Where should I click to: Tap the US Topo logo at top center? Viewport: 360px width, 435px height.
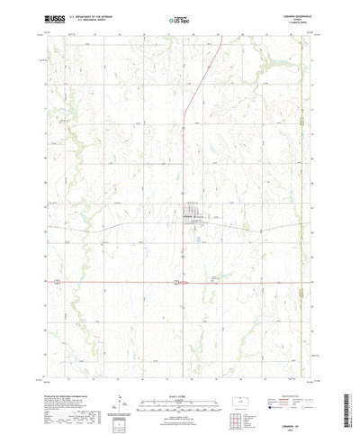click(x=180, y=16)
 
